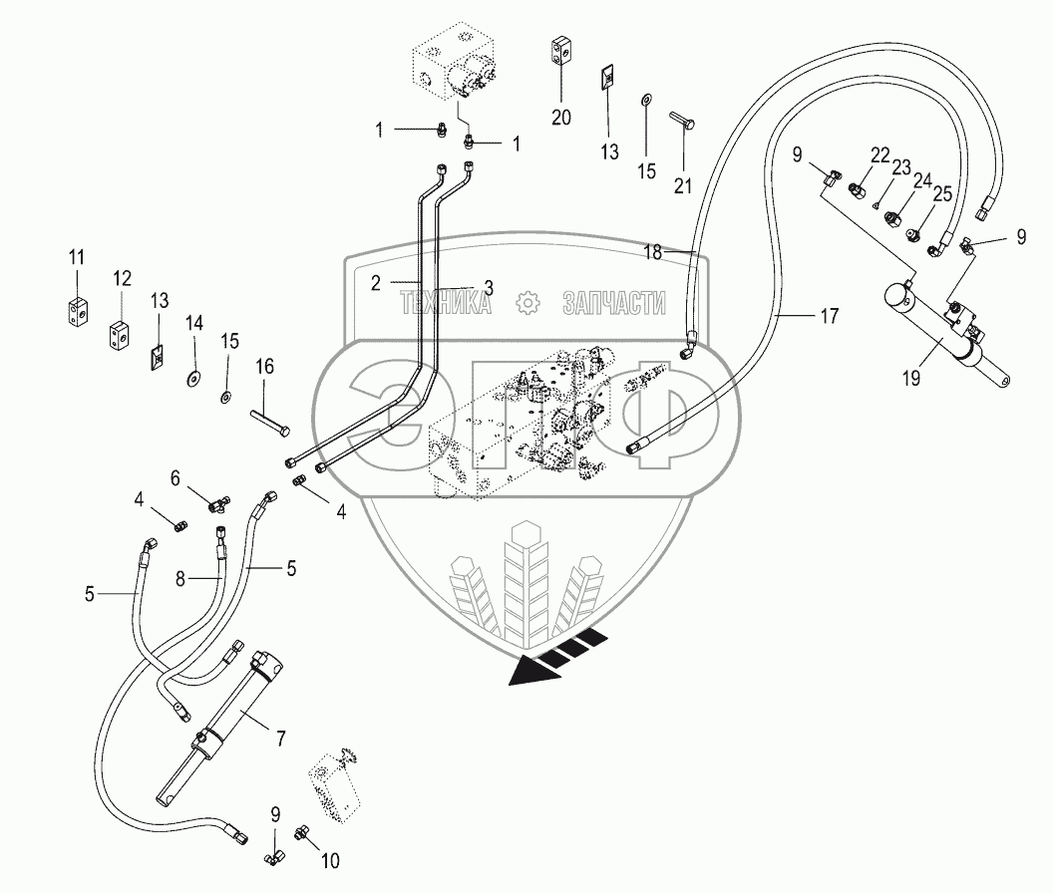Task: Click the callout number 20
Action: coord(561,118)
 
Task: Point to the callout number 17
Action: coord(829,316)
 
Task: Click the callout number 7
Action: coord(281,739)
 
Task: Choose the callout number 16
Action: coord(264,368)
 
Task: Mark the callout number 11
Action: coord(77,259)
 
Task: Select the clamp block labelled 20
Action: coord(560,53)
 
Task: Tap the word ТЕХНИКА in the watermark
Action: coord(446,303)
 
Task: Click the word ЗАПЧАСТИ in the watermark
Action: coord(613,303)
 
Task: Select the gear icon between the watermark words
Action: coord(528,303)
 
